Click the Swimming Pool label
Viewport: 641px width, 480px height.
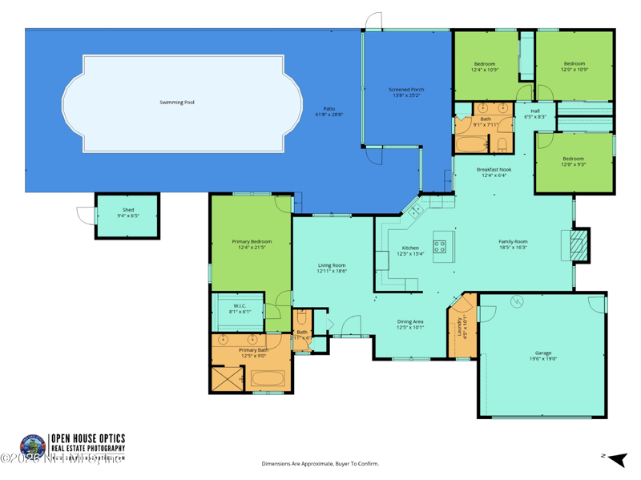pos(177,103)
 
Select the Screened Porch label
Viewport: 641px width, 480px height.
pos(406,90)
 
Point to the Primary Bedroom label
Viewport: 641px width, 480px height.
pos(252,242)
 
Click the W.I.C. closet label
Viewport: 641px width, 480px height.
pos(240,305)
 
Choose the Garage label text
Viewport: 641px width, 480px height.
pos(543,353)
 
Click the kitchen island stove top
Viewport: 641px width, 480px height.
pos(440,247)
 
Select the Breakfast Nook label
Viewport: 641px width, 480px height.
pos(494,170)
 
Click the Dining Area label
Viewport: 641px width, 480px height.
pos(410,322)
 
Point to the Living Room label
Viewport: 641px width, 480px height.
pos(332,265)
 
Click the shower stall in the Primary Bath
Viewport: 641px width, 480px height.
pos(227,378)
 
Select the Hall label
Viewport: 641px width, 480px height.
pos(534,111)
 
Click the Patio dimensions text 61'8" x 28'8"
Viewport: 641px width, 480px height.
pos(329,115)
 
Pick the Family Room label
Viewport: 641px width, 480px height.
pos(513,241)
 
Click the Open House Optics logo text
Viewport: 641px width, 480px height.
pos(88,438)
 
